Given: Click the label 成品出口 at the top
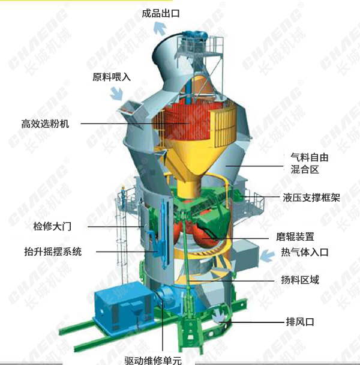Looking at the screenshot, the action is click(x=161, y=13).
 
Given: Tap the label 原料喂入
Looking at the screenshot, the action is click(x=112, y=77).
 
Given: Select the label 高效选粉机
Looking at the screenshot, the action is click(x=45, y=124).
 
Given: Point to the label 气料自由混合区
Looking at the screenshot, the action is click(x=309, y=163).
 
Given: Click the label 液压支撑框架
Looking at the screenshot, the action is click(x=311, y=198).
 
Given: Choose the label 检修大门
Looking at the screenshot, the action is click(x=52, y=226).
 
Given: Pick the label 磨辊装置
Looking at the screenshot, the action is click(x=295, y=237).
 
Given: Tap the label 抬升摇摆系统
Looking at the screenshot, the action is click(x=53, y=252).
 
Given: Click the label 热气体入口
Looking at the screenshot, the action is click(x=305, y=252).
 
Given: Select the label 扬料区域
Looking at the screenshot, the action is click(x=300, y=280).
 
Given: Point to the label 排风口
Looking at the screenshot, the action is click(x=300, y=322).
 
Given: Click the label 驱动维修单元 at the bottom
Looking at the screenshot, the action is click(x=153, y=360).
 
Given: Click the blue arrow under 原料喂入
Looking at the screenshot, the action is click(x=116, y=94).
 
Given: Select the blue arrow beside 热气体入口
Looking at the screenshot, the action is click(x=268, y=255).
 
